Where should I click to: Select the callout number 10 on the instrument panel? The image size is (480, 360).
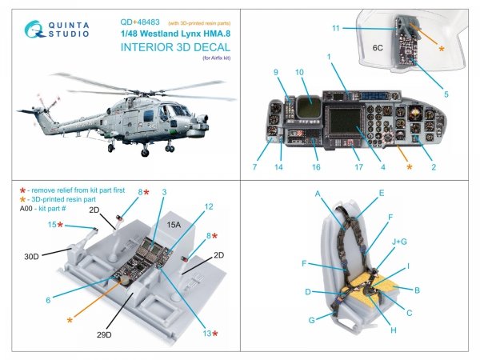[299, 72]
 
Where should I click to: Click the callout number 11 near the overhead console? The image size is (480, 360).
[336, 28]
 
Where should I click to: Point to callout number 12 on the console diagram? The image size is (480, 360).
[209, 206]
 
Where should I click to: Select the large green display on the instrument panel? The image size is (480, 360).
[347, 127]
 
